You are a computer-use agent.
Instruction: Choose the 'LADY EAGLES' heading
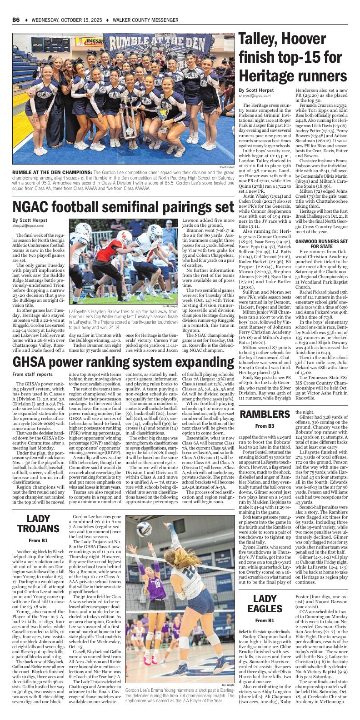(x=265, y=603)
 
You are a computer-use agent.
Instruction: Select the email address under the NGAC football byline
(x=29, y=225)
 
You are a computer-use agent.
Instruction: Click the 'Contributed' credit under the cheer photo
(x=226, y=167)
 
